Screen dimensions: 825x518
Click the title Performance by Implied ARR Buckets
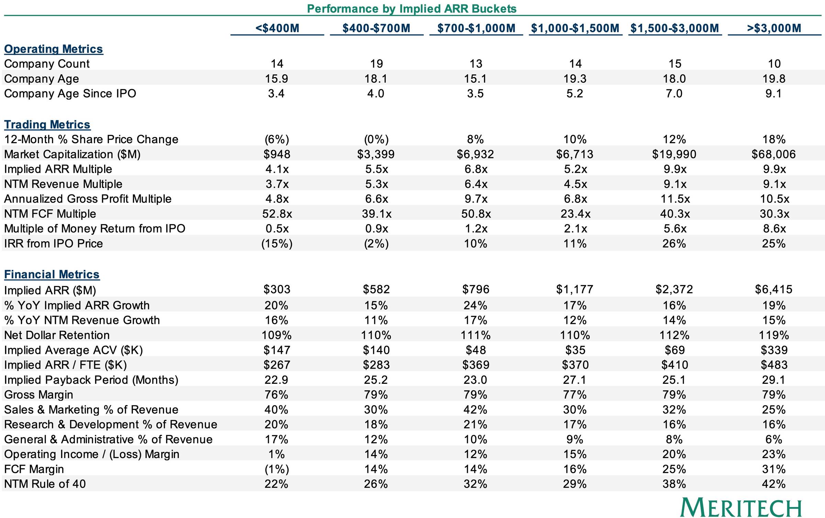coord(411,8)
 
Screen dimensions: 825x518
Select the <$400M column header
coord(277,28)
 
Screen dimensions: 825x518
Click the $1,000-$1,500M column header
coord(575,28)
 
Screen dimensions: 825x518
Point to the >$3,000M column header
coord(774,28)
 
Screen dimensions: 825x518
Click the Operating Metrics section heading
coord(53,49)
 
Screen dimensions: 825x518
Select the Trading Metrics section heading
coord(47,124)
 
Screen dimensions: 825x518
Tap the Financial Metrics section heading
coord(52,274)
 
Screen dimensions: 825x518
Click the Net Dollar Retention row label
coord(57,335)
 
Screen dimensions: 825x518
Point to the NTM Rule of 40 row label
coord(45,484)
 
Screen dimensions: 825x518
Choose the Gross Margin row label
coord(38,394)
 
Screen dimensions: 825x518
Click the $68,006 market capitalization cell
coord(773,154)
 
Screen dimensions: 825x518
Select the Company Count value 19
coord(376,64)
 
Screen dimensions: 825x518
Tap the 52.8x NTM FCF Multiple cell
coord(277,214)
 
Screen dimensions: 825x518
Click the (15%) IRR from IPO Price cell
coord(277,244)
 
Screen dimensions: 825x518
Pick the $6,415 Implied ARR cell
coord(773,289)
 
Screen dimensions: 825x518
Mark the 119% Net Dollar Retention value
coord(774,335)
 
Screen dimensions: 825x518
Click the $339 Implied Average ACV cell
coord(774,350)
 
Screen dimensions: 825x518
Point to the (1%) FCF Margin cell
coord(277,469)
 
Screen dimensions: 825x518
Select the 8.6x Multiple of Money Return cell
coord(774,229)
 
